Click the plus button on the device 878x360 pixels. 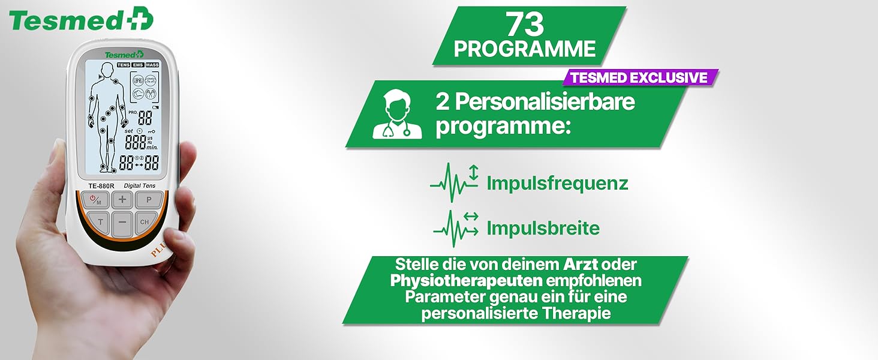(x=122, y=200)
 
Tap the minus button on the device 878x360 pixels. (x=123, y=223)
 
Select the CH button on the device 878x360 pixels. (x=146, y=222)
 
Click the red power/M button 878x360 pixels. (x=95, y=200)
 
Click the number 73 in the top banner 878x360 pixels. (x=525, y=24)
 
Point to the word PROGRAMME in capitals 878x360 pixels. (x=524, y=49)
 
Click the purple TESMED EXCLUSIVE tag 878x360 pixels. (x=640, y=77)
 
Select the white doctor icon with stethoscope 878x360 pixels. (x=397, y=114)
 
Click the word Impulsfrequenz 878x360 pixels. (x=557, y=183)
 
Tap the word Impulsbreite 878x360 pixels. (x=543, y=228)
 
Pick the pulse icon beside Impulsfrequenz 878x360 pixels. (x=455, y=182)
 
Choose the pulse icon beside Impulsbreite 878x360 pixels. (x=455, y=229)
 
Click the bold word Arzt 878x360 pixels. (x=581, y=265)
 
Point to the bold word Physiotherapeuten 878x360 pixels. (x=467, y=281)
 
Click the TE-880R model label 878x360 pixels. (x=101, y=186)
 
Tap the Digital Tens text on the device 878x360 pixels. (x=140, y=185)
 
